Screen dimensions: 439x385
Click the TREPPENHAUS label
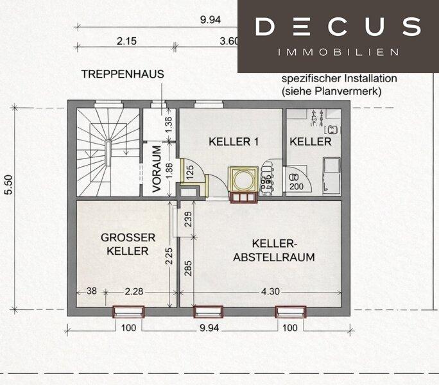tap(123, 74)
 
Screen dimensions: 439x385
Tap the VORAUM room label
tap(157, 169)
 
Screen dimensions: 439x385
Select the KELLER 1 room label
tap(234, 142)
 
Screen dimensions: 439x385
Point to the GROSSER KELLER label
tap(128, 244)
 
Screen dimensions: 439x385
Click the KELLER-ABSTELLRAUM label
tap(274, 250)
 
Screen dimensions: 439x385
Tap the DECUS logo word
tap(338, 26)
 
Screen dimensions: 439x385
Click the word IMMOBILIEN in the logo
tap(338, 52)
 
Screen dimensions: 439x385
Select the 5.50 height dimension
tap(9, 185)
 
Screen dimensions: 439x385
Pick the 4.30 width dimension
tap(270, 291)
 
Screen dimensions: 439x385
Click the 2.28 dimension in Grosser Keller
tap(134, 291)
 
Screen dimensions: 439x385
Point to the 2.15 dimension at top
tap(127, 41)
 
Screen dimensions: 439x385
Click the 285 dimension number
tap(188, 268)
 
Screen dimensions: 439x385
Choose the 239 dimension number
tap(188, 219)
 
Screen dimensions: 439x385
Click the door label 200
tap(297, 186)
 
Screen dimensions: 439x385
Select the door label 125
tap(190, 173)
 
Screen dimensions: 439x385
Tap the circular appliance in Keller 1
tap(243, 180)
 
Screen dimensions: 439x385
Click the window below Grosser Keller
tap(128, 312)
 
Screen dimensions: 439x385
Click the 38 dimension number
tap(92, 291)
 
